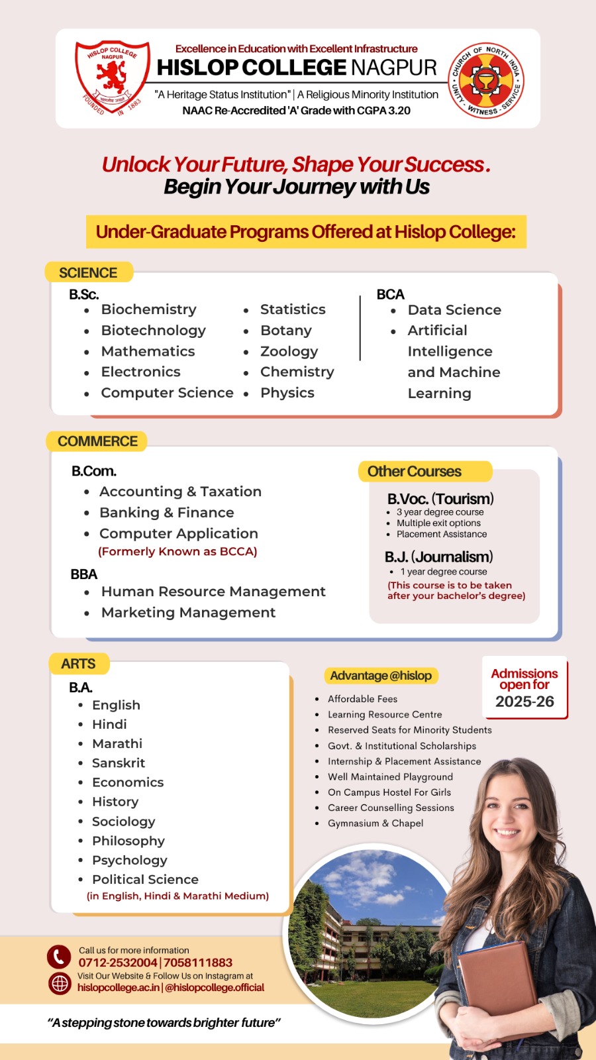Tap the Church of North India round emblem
[487, 79]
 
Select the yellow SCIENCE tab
[88, 273]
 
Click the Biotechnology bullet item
[153, 331]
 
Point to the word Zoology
[289, 352]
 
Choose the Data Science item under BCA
[454, 310]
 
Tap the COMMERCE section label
[97, 441]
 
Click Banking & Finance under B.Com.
[166, 513]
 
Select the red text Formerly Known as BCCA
[177, 551]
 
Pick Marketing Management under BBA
[188, 613]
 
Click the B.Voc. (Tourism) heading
[440, 499]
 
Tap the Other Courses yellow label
[415, 472]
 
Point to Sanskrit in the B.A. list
[118, 763]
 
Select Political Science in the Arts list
[145, 880]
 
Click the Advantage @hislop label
[381, 676]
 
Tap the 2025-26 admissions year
[524, 702]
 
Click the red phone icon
[59, 957]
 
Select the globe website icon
[60, 983]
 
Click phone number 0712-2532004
[118, 963]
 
